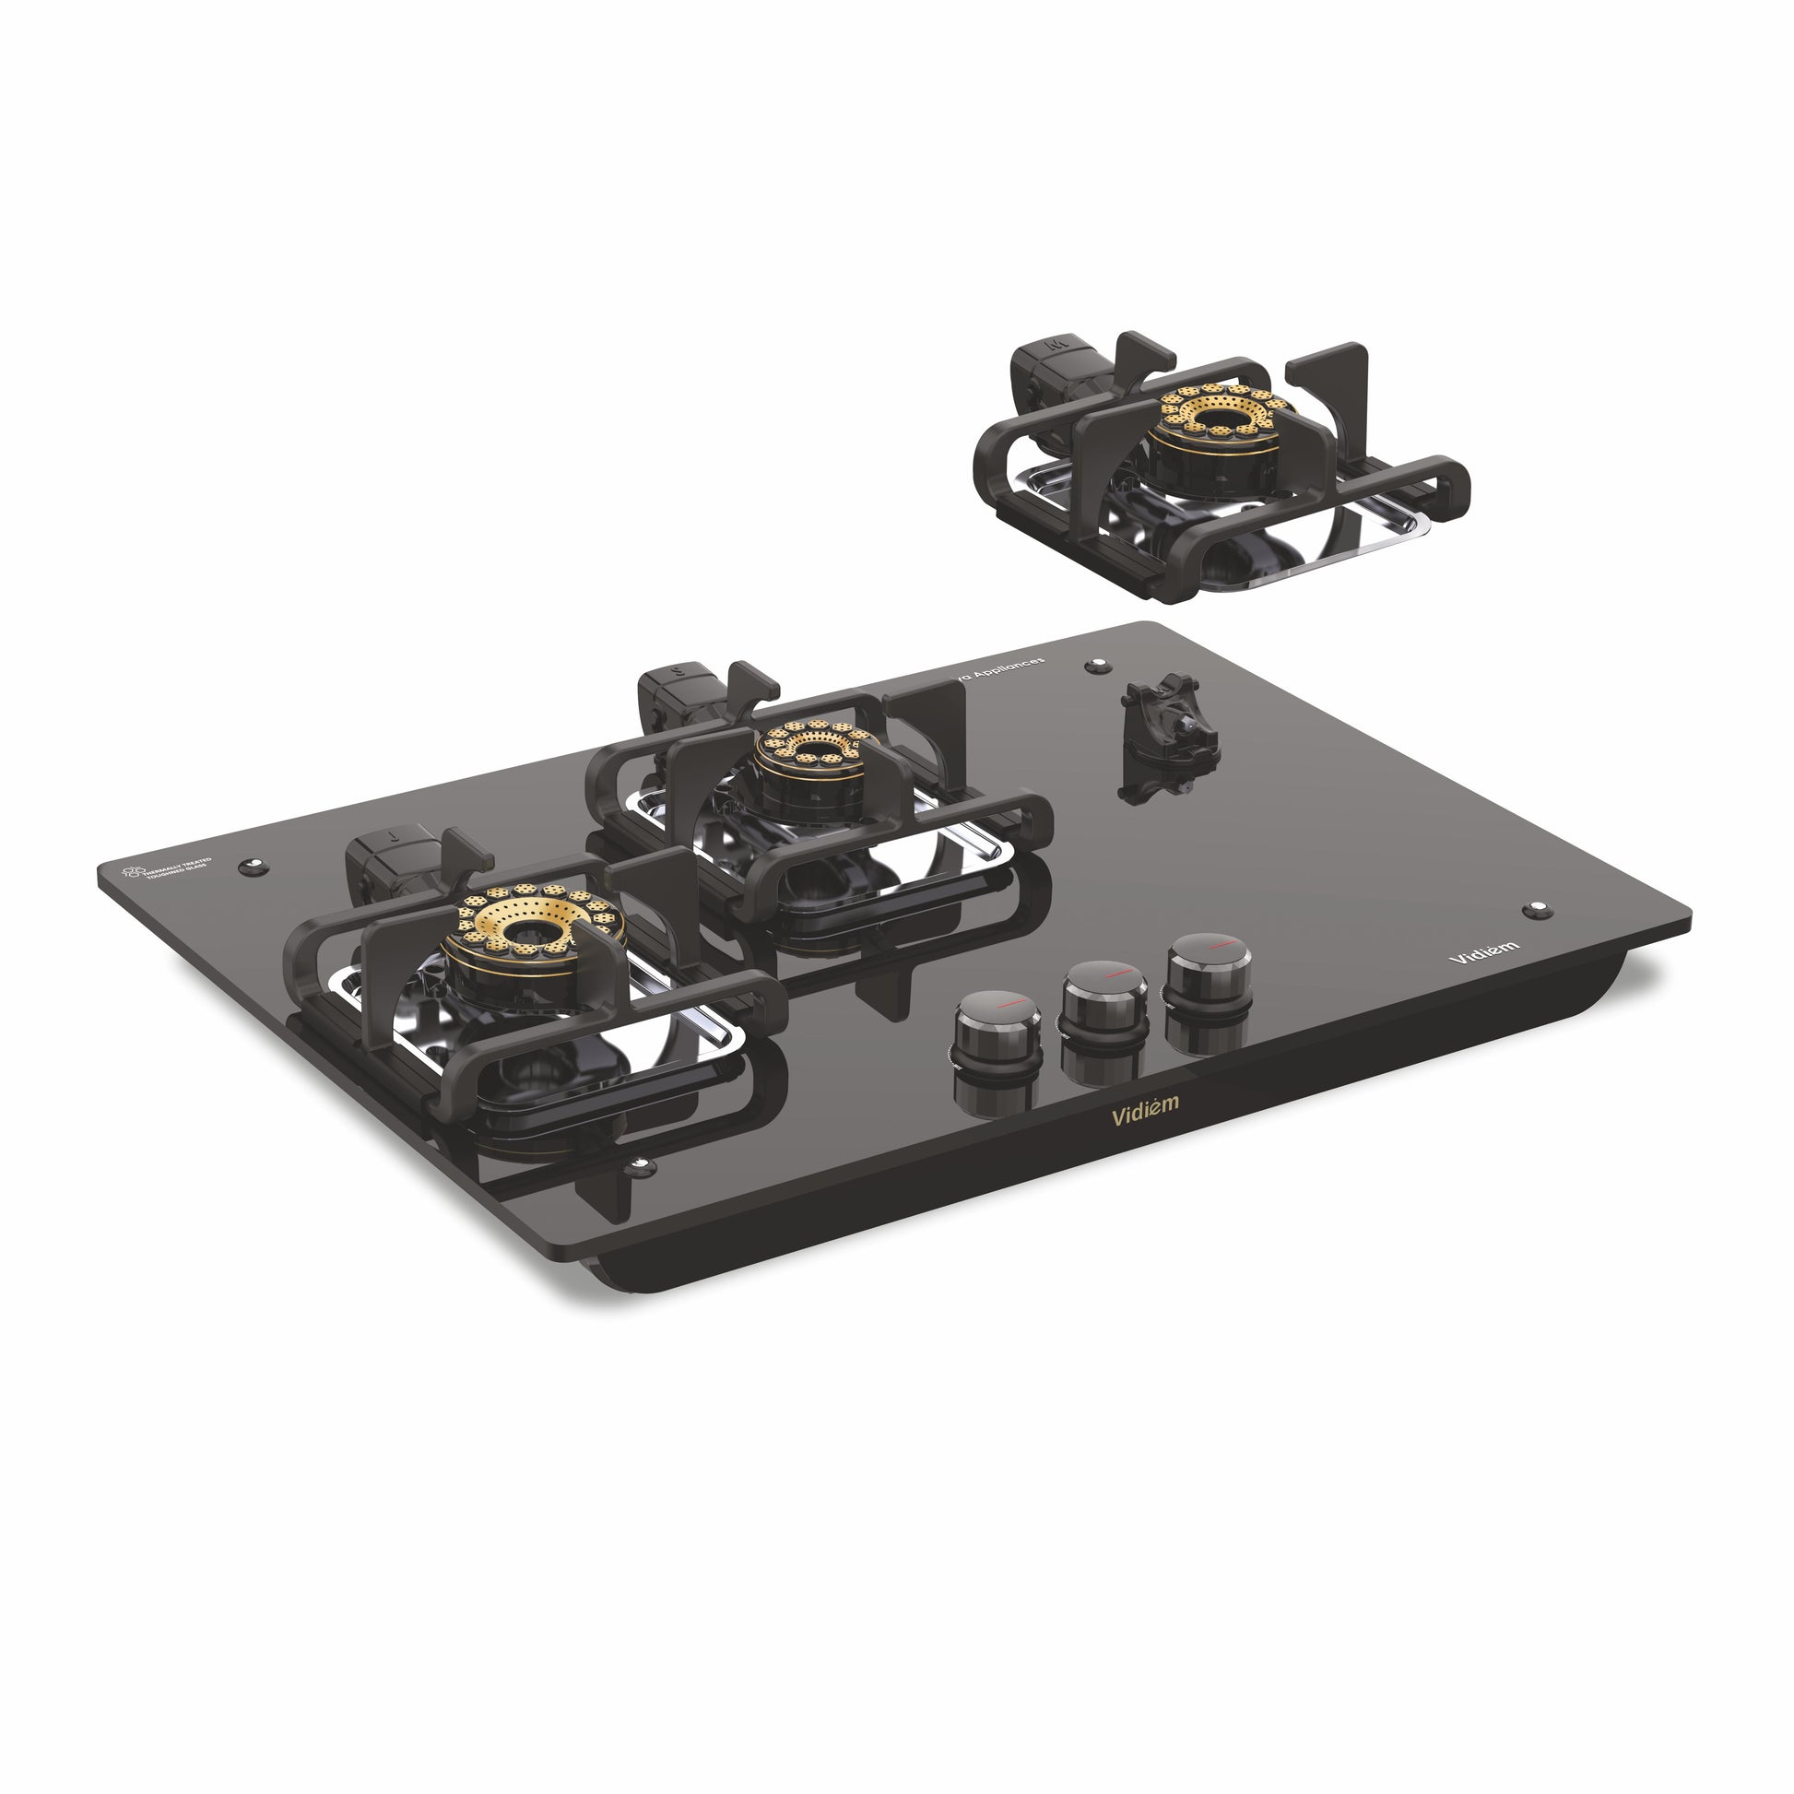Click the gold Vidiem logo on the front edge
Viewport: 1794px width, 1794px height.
coord(1145,1109)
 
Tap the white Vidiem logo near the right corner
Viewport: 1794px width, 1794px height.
coord(1484,950)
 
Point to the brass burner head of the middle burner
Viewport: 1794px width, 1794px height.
coord(814,744)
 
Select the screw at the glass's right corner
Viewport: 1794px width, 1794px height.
coord(1537,907)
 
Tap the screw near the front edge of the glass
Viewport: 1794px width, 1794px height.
coord(639,1165)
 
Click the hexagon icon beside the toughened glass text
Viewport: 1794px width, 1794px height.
coord(134,872)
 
